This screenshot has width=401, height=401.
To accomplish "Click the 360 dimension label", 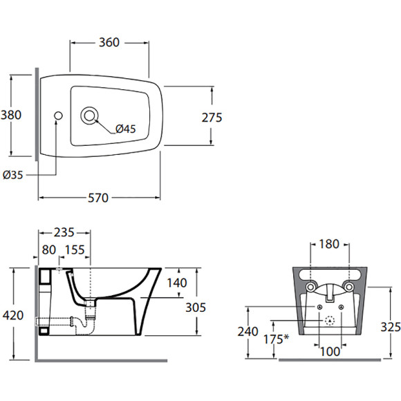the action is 109,42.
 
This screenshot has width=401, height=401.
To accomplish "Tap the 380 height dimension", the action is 11,115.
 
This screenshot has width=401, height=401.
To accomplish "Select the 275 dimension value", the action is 212,118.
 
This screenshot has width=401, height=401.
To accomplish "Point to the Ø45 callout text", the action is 125,129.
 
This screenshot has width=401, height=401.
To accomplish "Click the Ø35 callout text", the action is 12,175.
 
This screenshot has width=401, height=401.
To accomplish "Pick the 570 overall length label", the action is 98,198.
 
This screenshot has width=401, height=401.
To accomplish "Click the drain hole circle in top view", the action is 89,116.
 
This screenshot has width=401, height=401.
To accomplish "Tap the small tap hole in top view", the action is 58,115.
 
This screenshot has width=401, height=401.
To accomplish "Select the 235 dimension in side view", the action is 64,232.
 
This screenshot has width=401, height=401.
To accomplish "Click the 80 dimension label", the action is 49,250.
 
